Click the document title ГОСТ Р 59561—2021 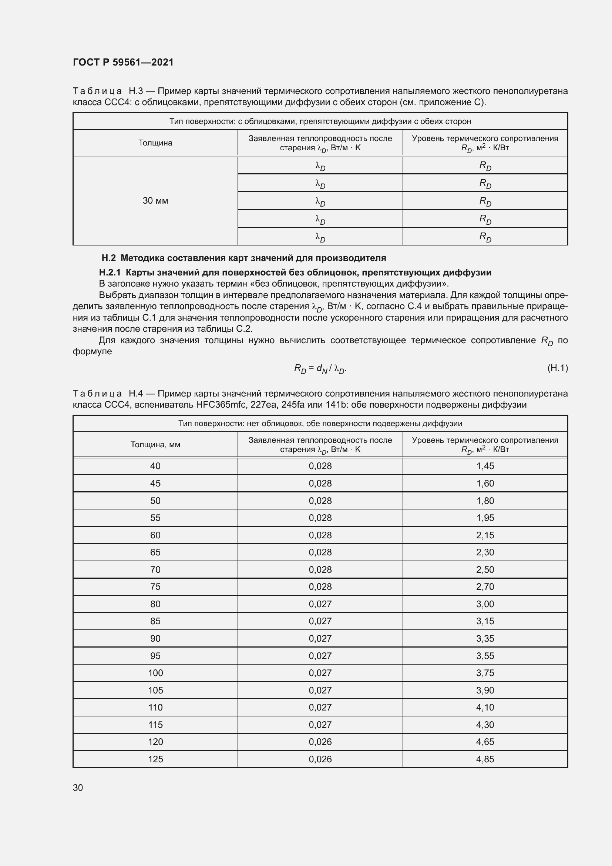point(123,62)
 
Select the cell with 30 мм point(155,201)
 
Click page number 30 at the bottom point(78,788)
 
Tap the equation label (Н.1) point(557,368)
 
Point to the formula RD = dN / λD point(320,369)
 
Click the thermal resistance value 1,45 point(485,466)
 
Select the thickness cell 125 point(155,759)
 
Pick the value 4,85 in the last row point(485,759)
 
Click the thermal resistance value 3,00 point(485,604)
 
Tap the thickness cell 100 point(155,673)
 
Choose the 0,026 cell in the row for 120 point(320,742)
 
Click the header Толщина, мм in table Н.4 point(155,445)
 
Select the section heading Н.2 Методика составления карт point(244,258)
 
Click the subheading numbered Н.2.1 point(295,272)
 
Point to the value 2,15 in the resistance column point(485,535)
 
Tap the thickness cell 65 point(155,552)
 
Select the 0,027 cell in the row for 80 point(320,604)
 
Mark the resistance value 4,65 point(485,742)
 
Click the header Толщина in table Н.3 point(155,143)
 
